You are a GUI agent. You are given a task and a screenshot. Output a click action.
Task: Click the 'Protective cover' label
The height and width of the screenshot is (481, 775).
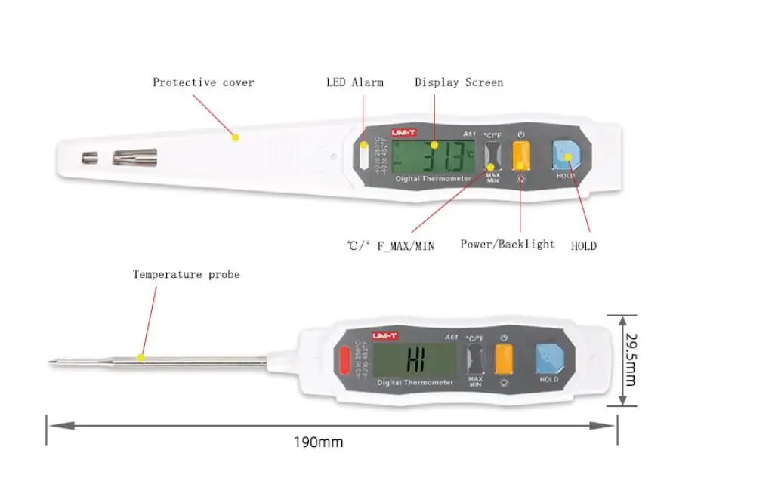point(203,82)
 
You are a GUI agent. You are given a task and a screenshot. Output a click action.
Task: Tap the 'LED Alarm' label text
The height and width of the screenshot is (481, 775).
point(354,82)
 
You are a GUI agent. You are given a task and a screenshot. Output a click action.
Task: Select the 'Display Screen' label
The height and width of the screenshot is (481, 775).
point(459,82)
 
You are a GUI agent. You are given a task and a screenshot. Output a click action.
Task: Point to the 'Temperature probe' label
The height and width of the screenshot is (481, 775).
point(186,274)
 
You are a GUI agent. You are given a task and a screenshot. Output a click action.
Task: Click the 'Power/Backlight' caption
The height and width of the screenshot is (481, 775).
point(508,245)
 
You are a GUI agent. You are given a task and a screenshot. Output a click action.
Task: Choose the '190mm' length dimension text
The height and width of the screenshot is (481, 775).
point(318,442)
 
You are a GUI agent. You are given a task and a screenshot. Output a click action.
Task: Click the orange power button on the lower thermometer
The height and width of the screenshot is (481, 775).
point(504,359)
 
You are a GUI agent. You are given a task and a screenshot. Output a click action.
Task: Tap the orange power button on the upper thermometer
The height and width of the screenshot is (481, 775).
point(521,156)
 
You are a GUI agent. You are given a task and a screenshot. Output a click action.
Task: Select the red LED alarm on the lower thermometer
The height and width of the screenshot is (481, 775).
point(346,359)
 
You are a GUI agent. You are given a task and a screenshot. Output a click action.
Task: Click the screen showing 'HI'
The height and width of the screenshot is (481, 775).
point(415,359)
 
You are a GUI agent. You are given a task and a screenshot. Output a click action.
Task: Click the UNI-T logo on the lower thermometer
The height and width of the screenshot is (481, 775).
point(384,335)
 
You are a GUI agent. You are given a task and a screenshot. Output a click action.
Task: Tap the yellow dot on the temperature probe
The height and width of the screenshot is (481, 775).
point(140,356)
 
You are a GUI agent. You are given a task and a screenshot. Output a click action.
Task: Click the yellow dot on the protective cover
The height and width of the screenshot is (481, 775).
point(235,137)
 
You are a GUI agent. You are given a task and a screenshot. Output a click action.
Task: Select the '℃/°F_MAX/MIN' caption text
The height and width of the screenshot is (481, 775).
point(391,245)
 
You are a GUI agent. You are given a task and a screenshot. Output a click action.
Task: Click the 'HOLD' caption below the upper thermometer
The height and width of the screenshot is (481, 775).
point(583,245)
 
